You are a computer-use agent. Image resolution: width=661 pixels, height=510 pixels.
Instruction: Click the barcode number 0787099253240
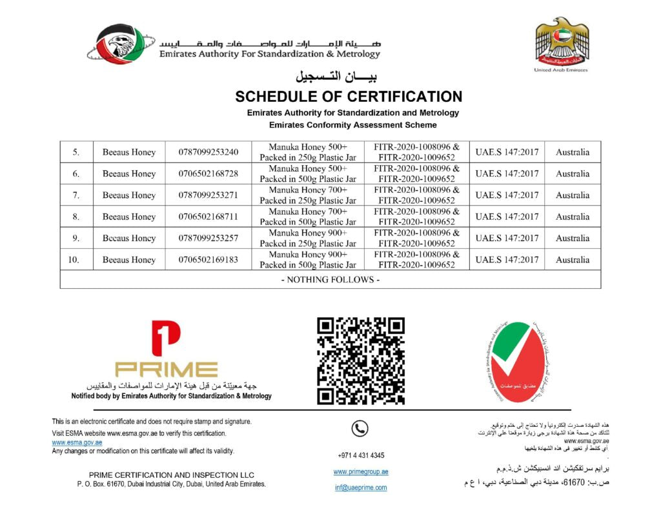pos(208,152)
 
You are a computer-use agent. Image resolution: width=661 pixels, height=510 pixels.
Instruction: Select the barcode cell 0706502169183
pos(208,260)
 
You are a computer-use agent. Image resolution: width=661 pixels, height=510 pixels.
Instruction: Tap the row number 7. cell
pos(76,195)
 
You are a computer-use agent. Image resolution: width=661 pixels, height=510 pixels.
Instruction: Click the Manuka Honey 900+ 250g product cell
pos(308,239)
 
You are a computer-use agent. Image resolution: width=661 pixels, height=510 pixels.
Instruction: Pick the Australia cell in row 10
pos(573,260)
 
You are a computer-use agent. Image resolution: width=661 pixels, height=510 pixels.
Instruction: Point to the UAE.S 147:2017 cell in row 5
pos(507,152)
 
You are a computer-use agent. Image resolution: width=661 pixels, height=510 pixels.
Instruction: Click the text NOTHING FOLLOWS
pos(330,280)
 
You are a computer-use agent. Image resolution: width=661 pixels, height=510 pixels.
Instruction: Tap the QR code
pos(361,361)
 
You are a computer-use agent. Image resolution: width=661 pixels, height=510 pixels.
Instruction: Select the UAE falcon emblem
pos(562,41)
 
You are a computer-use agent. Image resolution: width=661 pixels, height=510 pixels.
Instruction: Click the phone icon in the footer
pos(360,428)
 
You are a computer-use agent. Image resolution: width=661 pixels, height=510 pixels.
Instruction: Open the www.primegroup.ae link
pos(361,472)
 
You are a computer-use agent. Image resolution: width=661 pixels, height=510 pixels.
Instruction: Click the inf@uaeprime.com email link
pos(361,487)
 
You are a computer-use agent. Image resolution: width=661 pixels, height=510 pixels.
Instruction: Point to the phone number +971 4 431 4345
pos(361,455)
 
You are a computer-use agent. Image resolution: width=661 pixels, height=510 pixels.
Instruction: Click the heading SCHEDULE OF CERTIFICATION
pos(349,97)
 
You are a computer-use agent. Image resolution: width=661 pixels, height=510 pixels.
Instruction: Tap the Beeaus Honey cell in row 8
pos(129,217)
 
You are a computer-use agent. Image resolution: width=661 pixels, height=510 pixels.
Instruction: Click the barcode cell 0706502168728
pos(208,173)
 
